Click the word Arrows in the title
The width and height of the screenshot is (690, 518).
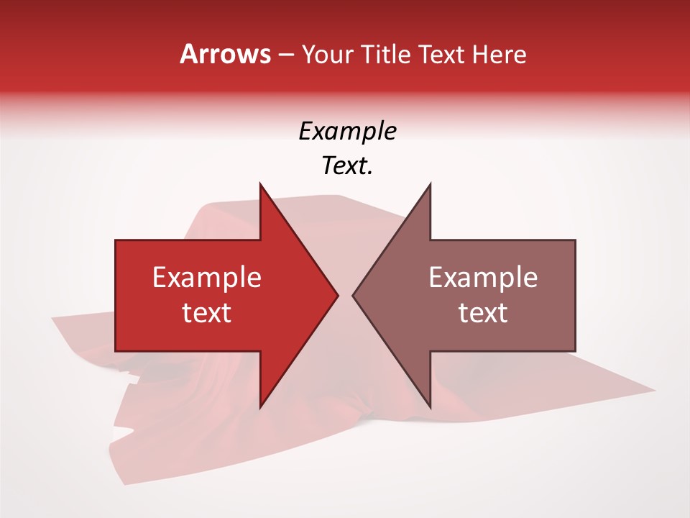pos(226,54)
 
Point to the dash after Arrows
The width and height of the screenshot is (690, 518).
pos(285,55)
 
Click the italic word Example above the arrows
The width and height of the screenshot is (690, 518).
pos(347,131)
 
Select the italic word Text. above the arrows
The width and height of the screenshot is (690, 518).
pos(347,166)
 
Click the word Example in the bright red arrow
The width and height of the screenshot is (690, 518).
pos(207,278)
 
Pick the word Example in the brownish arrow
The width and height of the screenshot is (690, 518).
pos(483,278)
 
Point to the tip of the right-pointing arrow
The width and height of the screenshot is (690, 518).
pos(338,295)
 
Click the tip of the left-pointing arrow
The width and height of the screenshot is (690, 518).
pos(353,295)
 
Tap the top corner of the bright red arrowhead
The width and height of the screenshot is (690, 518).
pos(260,183)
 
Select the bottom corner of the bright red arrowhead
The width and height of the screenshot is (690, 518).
pos(260,407)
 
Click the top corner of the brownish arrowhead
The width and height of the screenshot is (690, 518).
pos(430,183)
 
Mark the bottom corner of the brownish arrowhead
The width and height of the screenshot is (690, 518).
pos(430,407)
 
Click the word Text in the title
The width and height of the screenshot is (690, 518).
pos(441,54)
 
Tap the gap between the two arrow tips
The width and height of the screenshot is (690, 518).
pos(346,295)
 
